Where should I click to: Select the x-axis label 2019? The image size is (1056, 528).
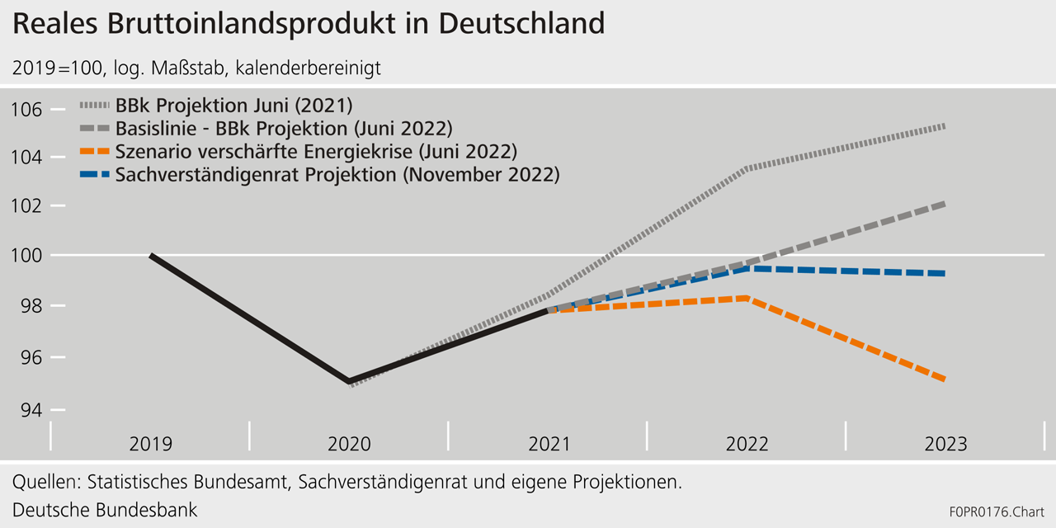click(150, 444)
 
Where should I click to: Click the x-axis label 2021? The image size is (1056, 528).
click(549, 444)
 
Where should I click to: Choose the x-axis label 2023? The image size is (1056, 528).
click(945, 444)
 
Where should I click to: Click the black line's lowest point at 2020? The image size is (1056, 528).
click(350, 382)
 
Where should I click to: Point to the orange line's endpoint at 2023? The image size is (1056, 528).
click(945, 379)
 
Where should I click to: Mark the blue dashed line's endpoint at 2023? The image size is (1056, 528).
click(945, 273)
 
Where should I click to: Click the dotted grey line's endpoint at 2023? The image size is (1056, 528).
click(945, 126)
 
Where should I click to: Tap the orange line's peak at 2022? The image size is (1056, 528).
click(747, 298)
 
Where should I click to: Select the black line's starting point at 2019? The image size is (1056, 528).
click(151, 256)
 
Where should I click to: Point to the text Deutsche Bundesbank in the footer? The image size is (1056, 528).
click(105, 509)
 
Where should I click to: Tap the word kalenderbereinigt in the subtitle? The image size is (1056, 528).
click(308, 68)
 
